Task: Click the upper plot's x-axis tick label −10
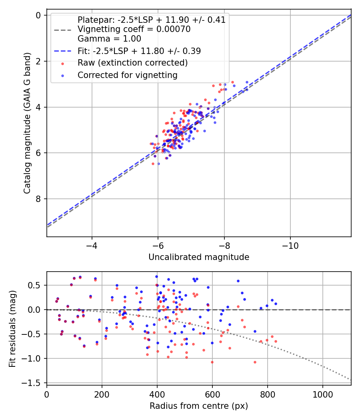coord(290,246)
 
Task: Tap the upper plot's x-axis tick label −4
coord(92,246)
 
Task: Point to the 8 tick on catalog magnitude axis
coord(38,199)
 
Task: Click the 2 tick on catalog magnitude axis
coord(38,61)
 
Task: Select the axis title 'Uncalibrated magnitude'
coord(199,257)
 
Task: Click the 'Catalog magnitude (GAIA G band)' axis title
coord(27,123)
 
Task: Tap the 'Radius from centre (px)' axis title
coord(199,406)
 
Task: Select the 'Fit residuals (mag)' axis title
coord(12,329)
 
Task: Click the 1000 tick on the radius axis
coord(323,394)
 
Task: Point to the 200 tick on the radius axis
coord(102,394)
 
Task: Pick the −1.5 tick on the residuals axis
coord(31,383)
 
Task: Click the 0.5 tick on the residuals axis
coord(34,285)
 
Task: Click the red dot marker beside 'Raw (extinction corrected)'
coord(63,64)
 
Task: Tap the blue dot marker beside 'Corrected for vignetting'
coord(63,76)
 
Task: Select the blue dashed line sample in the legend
coord(63,51)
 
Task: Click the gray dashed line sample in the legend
coord(63,30)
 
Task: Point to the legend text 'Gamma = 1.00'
coord(109,38)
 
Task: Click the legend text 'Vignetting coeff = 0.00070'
coord(134,29)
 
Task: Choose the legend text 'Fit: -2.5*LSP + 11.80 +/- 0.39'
coord(139,51)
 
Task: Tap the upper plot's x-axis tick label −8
coord(224,246)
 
